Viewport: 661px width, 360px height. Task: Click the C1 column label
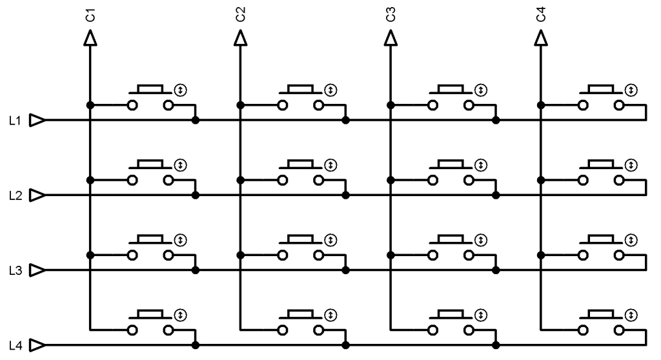tap(90, 14)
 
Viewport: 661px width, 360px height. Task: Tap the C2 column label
tap(240, 14)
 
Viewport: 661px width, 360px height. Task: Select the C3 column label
tap(390, 14)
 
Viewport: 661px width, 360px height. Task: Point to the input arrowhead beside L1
tap(38, 120)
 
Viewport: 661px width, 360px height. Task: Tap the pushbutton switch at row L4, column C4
tap(601, 323)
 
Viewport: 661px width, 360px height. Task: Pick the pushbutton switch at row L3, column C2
tap(301, 248)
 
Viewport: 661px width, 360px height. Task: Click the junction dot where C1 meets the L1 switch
tap(90, 105)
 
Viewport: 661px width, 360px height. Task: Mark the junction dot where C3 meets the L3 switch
tap(390, 255)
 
